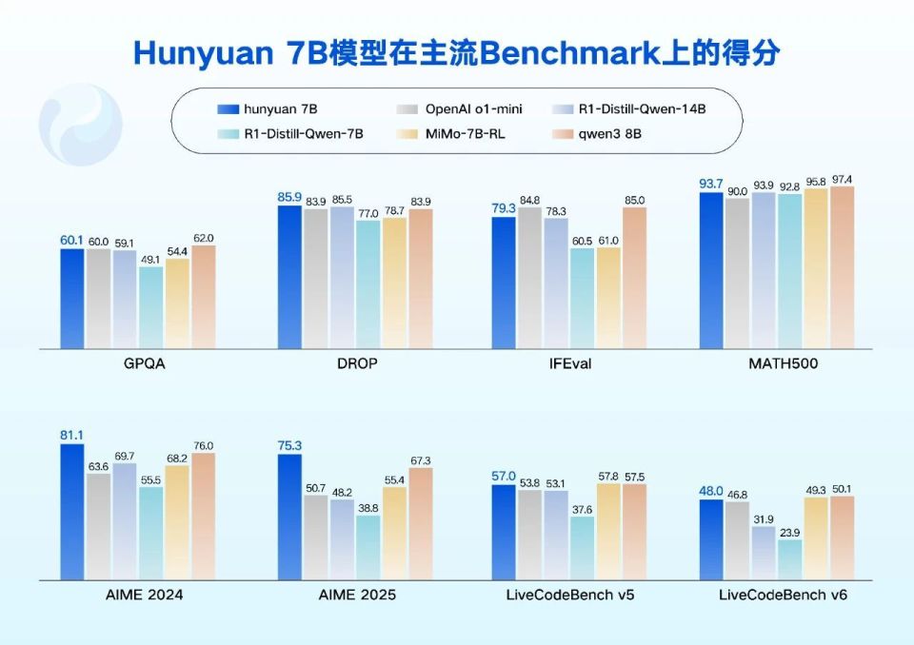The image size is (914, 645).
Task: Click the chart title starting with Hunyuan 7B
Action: pos(457,52)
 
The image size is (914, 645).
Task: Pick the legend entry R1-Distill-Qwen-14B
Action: pos(629,109)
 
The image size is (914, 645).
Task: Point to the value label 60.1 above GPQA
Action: pos(72,240)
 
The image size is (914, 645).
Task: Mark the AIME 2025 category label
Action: pos(355,595)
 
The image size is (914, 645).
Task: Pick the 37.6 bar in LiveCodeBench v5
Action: pos(581,548)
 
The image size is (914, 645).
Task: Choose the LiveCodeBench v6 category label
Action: pos(783,595)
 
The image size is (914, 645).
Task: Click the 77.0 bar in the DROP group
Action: pos(368,284)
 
